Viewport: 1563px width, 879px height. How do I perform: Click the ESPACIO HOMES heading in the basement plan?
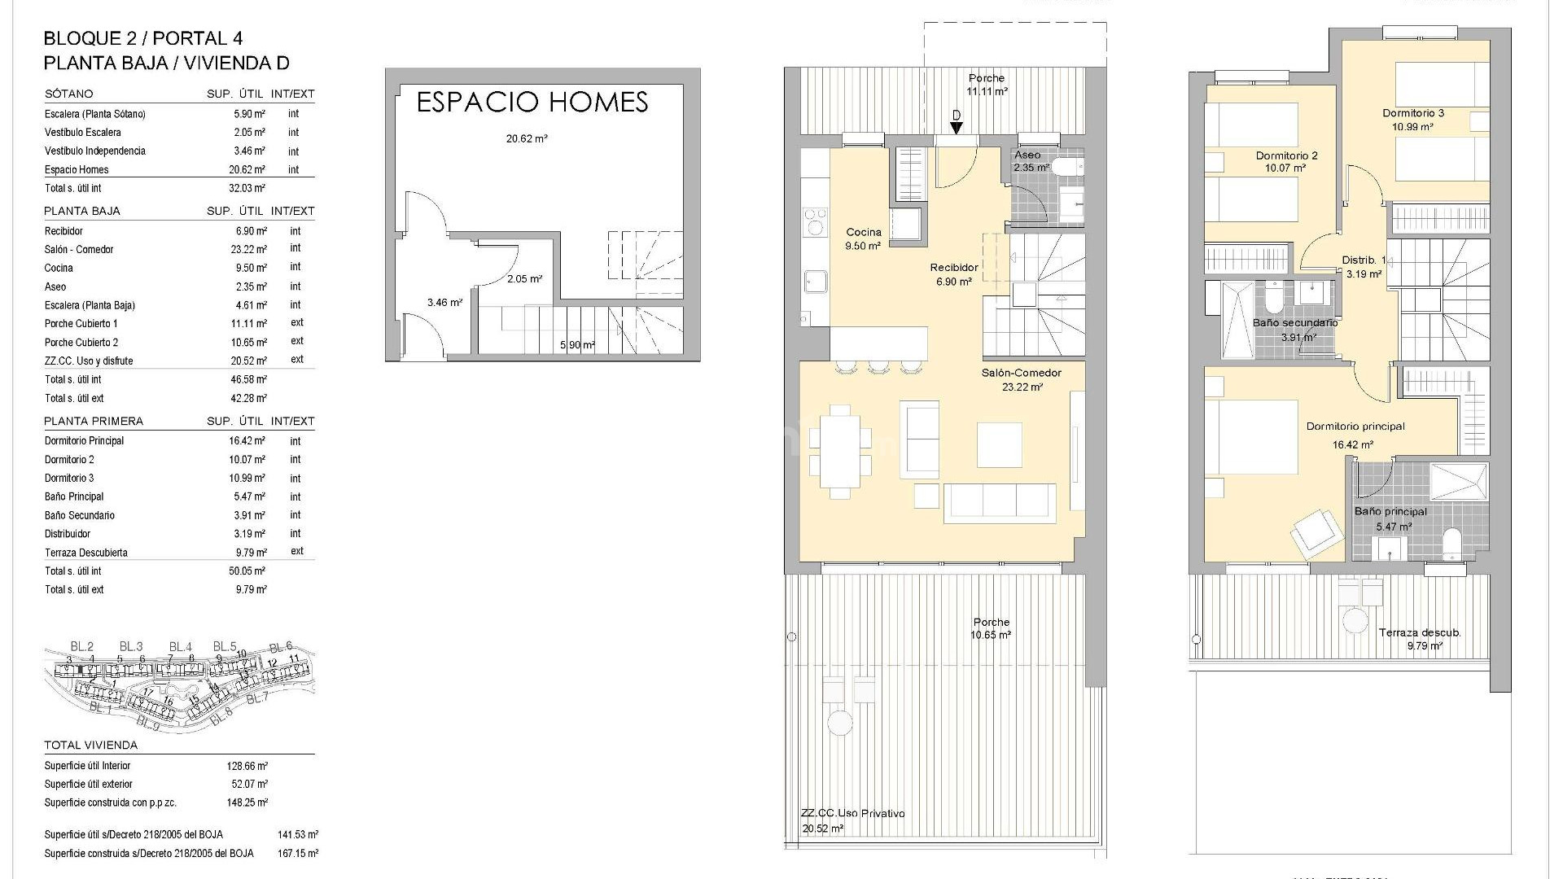[x=532, y=103]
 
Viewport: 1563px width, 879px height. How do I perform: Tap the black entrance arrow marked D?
[x=956, y=127]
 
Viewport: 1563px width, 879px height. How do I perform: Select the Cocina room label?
[x=863, y=232]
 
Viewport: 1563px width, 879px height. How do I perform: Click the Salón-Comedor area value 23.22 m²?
[x=1022, y=387]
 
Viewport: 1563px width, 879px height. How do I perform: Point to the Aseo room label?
[x=1027, y=155]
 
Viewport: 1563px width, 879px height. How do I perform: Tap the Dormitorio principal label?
[x=1355, y=426]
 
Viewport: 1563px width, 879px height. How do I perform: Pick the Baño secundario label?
[x=1294, y=322]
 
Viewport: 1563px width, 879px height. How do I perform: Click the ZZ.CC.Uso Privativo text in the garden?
[x=852, y=813]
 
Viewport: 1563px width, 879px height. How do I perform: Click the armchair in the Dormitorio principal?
[x=1316, y=532]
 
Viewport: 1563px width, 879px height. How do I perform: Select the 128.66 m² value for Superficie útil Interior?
[x=247, y=766]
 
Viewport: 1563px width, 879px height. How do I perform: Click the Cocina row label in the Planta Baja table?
[x=59, y=268]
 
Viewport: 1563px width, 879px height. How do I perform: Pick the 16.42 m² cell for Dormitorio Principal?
[x=247, y=441]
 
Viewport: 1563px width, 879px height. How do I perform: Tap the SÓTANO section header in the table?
[x=68, y=94]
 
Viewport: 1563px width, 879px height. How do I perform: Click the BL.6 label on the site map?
[x=281, y=647]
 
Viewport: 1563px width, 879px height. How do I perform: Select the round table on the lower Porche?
[x=839, y=721]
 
